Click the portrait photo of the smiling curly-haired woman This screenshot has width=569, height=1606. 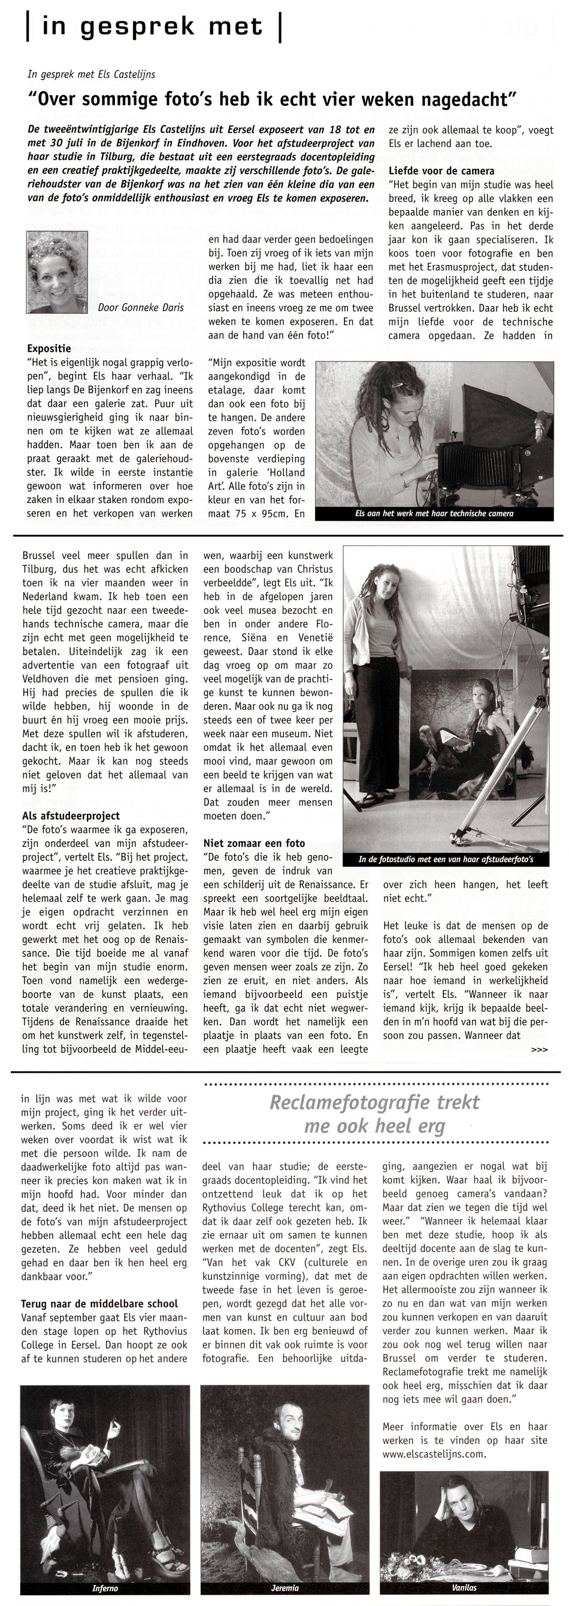click(57, 272)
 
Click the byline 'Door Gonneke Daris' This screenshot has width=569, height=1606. click(140, 307)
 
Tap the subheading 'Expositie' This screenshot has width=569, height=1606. click(49, 348)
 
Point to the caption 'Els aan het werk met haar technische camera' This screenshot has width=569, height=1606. click(434, 513)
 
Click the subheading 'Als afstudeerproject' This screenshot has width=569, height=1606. click(71, 816)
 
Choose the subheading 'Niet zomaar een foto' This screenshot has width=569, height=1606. click(254, 843)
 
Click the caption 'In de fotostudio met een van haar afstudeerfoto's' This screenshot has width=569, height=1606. click(446, 859)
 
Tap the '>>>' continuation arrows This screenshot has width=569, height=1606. click(539, 1050)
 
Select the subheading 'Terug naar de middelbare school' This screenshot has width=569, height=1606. click(99, 1304)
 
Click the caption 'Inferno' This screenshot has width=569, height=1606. click(105, 1588)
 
